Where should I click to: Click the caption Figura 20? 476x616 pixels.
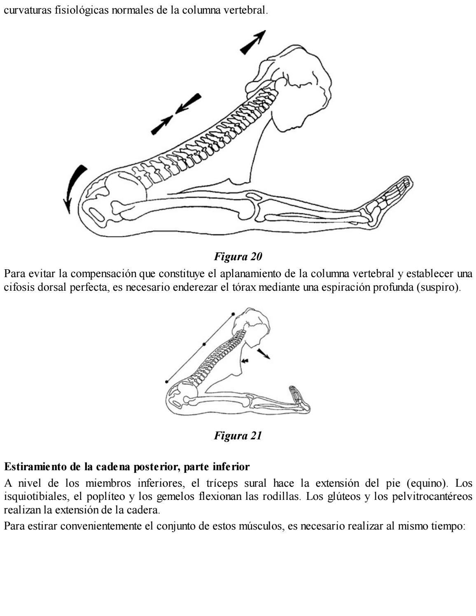238,257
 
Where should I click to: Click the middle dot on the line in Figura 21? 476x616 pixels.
204,343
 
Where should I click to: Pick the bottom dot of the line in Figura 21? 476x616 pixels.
166,382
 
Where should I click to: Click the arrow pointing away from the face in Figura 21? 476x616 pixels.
264,354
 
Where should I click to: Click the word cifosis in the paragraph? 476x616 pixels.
16,287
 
